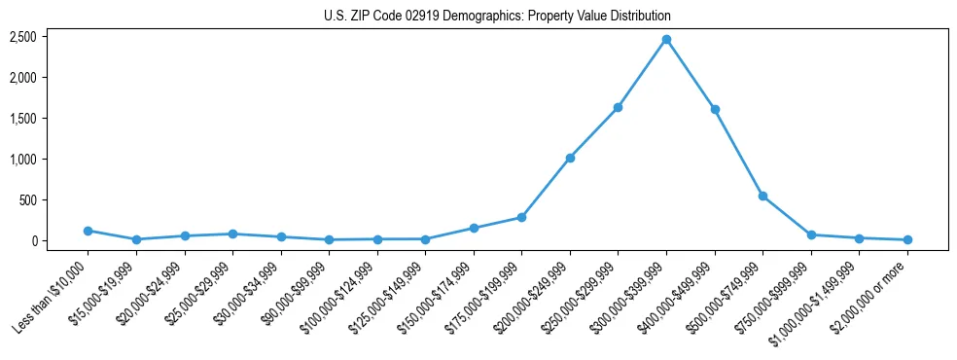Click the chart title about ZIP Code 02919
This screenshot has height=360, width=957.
tap(497, 17)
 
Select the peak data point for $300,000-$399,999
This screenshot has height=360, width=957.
tap(666, 39)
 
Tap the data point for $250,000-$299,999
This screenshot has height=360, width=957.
tap(618, 107)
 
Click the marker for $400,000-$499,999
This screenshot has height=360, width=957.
tap(715, 109)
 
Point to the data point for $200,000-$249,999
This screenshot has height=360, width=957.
tap(570, 158)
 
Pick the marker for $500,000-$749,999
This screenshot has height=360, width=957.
tap(762, 196)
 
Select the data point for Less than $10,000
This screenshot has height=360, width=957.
tap(88, 231)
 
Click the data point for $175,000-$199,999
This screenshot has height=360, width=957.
tap(521, 217)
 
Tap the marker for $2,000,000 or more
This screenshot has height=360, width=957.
tap(907, 239)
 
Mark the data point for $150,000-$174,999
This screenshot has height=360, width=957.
tap(474, 228)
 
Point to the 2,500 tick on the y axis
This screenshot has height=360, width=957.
tap(23, 37)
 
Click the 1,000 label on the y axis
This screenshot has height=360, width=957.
tap(23, 159)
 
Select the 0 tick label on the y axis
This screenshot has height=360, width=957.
tap(32, 240)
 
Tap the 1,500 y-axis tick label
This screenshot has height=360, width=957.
tap(23, 118)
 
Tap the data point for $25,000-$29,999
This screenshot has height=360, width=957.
tap(232, 234)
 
